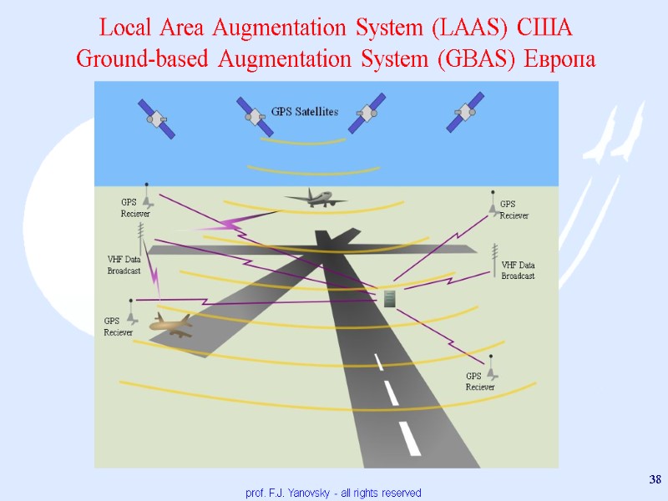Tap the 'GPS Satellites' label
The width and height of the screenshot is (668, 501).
(305, 111)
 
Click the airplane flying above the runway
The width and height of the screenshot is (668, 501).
(315, 198)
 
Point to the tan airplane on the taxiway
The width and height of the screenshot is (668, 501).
(170, 323)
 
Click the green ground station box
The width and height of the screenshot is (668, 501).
(389, 298)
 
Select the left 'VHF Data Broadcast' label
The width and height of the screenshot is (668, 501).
(124, 265)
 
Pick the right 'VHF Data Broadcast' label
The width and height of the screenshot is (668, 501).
(518, 270)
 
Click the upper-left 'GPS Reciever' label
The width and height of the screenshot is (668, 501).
(134, 207)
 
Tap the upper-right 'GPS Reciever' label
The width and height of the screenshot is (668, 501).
(514, 210)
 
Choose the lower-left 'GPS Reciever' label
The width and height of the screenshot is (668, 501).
(118, 326)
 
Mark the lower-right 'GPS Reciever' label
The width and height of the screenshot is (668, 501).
(480, 382)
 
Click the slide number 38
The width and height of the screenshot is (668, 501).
(655, 478)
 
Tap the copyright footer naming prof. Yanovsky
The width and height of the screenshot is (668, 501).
(333, 493)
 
